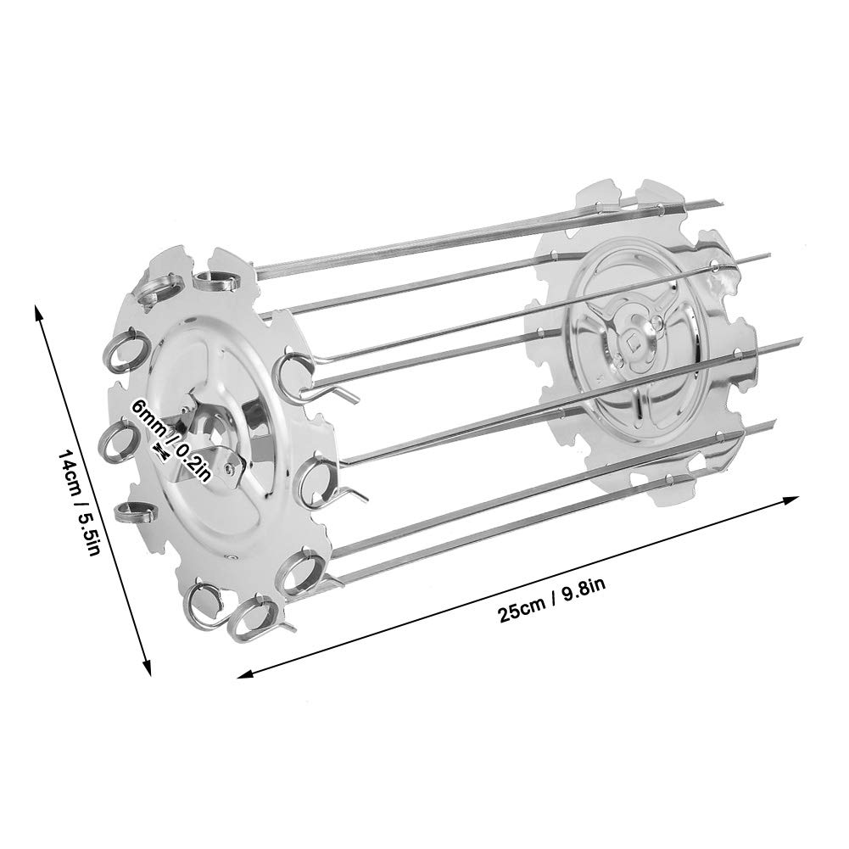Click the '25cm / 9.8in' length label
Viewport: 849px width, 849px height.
pos(552,601)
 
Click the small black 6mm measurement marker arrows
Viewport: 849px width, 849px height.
pos(161,450)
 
